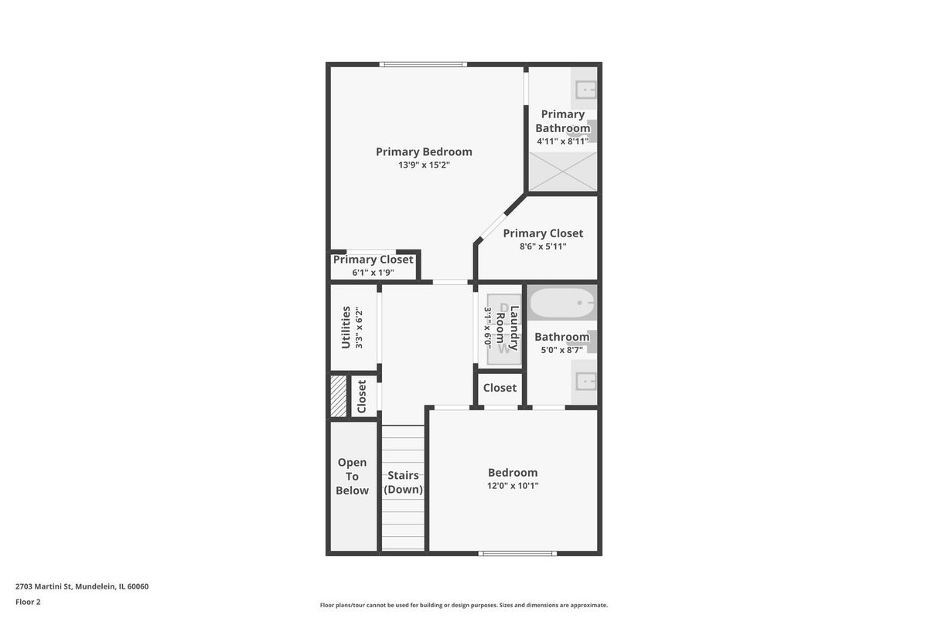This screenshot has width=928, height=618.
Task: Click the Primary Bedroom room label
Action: (x=424, y=152)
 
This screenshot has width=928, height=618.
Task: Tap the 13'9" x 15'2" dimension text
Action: (x=424, y=165)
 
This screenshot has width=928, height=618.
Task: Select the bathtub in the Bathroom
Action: (x=562, y=303)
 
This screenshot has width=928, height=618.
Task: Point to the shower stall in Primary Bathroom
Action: (x=563, y=171)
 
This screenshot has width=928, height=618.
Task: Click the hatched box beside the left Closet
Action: (x=339, y=396)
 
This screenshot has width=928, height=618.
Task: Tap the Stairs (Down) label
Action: (x=403, y=482)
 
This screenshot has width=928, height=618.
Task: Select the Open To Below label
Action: (x=352, y=477)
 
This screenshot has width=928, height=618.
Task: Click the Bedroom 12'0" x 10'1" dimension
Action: (x=513, y=486)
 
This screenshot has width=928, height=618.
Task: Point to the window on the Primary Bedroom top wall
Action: (x=423, y=64)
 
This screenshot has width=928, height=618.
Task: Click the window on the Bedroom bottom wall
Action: (x=517, y=553)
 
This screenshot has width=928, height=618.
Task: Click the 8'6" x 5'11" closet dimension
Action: (x=543, y=246)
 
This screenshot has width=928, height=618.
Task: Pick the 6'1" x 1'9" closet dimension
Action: (x=373, y=273)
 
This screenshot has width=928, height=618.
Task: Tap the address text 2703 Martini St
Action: (x=44, y=586)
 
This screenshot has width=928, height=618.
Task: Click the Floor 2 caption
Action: (x=28, y=602)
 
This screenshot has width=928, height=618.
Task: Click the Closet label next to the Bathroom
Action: (x=500, y=388)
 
